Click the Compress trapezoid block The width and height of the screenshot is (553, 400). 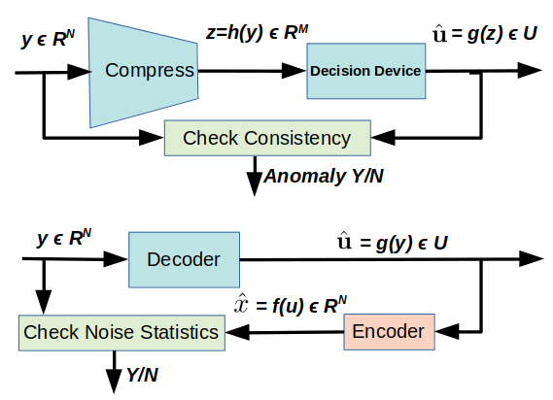point(143,72)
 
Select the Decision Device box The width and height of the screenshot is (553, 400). point(366,71)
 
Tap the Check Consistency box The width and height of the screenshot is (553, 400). point(267,138)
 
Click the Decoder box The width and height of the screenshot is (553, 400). point(184,260)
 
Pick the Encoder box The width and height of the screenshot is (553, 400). point(389,332)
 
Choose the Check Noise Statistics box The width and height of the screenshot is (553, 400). point(121,333)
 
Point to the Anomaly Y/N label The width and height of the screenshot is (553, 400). point(324,176)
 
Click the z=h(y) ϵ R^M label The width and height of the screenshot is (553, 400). point(258,33)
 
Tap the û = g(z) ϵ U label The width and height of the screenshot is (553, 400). point(485,34)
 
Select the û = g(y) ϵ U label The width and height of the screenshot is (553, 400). point(393,243)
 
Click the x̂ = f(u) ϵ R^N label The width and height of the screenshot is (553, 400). point(291,305)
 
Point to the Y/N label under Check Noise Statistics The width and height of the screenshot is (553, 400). point(143,375)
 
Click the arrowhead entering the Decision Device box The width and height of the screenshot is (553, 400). point(294,71)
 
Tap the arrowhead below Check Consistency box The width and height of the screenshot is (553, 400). point(255,183)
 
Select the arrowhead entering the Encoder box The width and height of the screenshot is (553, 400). point(447,332)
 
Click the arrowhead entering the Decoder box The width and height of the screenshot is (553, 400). point(116,259)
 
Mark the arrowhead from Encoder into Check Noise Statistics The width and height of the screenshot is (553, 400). point(237,332)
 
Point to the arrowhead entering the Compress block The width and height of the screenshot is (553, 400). point(80,72)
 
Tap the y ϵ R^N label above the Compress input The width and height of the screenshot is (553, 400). point(48,39)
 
